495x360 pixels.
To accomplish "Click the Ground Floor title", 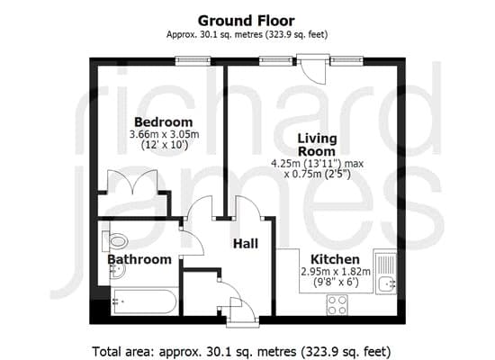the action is tap(247, 21).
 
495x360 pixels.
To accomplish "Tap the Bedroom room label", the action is tap(164, 121).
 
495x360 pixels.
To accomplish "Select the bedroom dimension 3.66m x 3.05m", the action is tap(164, 134).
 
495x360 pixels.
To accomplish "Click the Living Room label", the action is tap(318, 145).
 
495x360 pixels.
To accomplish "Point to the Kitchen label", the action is tap(336, 259).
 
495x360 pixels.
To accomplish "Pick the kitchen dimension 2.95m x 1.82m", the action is tap(336, 271).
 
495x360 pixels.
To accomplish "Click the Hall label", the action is tap(246, 244).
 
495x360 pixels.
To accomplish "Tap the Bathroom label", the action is tap(139, 259).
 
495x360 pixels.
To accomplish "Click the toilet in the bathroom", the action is tap(115, 241).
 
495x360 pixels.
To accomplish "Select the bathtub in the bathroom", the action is tap(144, 301).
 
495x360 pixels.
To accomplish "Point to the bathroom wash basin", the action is tap(117, 270).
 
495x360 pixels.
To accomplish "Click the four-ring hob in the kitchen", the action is tap(337, 305).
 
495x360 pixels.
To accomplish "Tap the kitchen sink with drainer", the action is tap(385, 272).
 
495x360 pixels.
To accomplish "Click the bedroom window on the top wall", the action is tap(193, 60).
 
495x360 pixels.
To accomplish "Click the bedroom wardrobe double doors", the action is tap(132, 181).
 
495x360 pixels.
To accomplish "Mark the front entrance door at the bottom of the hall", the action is tap(243, 310).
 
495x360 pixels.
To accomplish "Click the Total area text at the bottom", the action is tap(241, 351).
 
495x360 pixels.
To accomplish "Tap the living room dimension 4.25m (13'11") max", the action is tap(318, 164).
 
